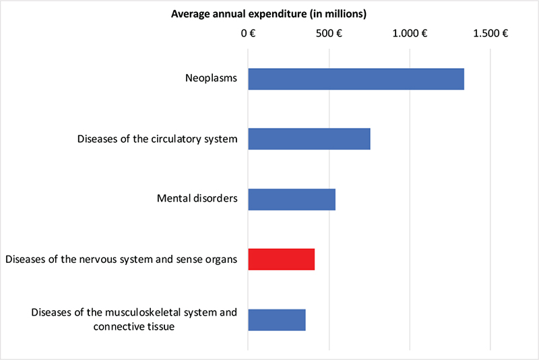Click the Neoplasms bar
tap(356, 79)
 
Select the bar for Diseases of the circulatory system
tap(309, 139)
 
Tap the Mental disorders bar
tap(291, 199)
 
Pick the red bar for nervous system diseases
tap(281, 260)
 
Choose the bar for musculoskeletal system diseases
tap(276, 320)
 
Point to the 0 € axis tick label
tap(248, 33)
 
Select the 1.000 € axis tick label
tap(410, 33)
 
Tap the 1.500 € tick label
tap(490, 33)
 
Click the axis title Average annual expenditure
tap(268, 13)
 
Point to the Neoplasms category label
tap(212, 79)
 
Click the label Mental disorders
tap(197, 200)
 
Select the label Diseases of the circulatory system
tap(157, 140)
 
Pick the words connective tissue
tap(145, 326)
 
